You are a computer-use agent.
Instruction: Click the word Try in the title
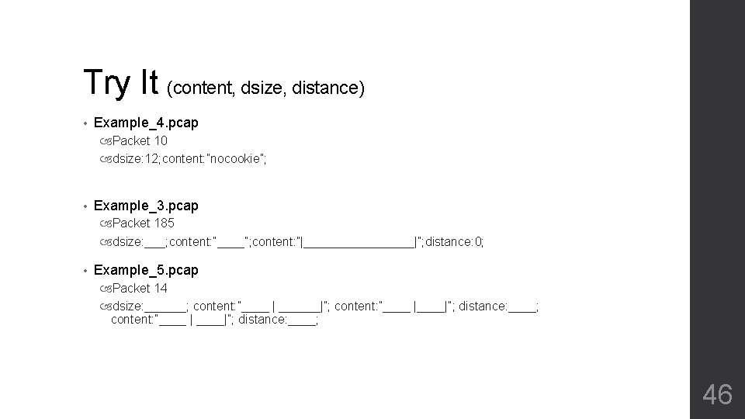pos(109,82)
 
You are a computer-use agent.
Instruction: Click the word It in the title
pos(150,82)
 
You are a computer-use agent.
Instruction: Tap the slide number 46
pos(717,394)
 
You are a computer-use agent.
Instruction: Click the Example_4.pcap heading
pos(146,123)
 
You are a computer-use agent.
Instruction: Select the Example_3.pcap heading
pos(146,206)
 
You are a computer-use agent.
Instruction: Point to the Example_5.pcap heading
pos(146,270)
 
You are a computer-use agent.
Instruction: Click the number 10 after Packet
pos(161,141)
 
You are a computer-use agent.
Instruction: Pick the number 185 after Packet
pos(164,223)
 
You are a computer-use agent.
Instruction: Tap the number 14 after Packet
pos(161,289)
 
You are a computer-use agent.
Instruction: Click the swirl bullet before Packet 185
pos(106,223)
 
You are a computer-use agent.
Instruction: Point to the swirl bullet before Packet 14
pos(106,289)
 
